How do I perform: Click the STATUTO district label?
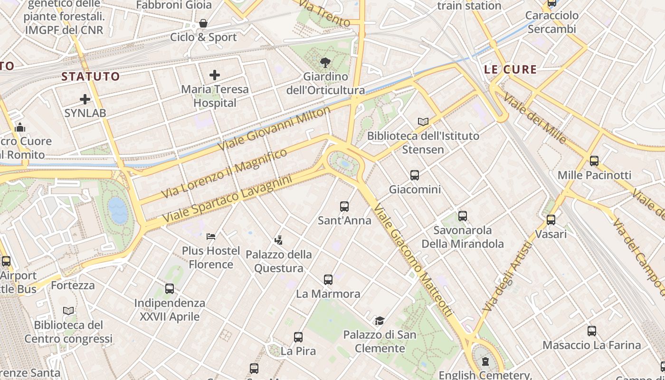pyautogui.click(x=90, y=76)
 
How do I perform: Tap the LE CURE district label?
pyautogui.click(x=510, y=69)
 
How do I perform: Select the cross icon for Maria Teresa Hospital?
pyautogui.click(x=215, y=75)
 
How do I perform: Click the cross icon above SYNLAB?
pyautogui.click(x=85, y=99)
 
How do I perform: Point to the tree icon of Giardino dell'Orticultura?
pyautogui.click(x=325, y=62)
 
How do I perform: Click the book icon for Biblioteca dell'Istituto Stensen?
pyautogui.click(x=423, y=122)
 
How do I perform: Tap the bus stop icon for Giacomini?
pyautogui.click(x=415, y=175)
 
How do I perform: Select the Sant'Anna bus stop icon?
pyautogui.click(x=344, y=207)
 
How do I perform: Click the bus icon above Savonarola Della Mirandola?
pyautogui.click(x=463, y=216)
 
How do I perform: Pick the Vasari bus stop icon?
pyautogui.click(x=551, y=220)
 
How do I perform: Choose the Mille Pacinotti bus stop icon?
pyautogui.click(x=594, y=161)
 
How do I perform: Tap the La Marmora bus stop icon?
pyautogui.click(x=328, y=280)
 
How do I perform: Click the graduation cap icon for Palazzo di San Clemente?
pyautogui.click(x=380, y=321)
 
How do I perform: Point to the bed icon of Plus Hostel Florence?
pyautogui.click(x=211, y=236)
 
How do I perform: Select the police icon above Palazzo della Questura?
pyautogui.click(x=279, y=240)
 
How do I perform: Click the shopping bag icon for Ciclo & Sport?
pyautogui.click(x=203, y=23)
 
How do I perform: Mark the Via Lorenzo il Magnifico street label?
pyautogui.click(x=224, y=173)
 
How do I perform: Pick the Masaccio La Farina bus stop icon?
pyautogui.click(x=591, y=331)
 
